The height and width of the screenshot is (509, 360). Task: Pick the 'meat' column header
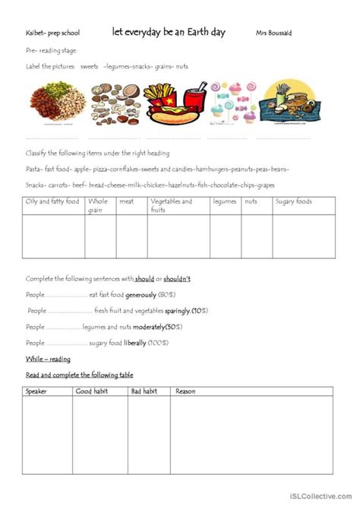pos(126,201)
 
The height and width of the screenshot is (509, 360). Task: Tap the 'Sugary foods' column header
pos(292,201)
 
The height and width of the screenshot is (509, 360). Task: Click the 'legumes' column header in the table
pos(226,201)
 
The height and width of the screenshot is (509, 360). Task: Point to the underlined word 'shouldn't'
pos(175,279)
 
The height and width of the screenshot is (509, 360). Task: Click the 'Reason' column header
pos(185,391)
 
